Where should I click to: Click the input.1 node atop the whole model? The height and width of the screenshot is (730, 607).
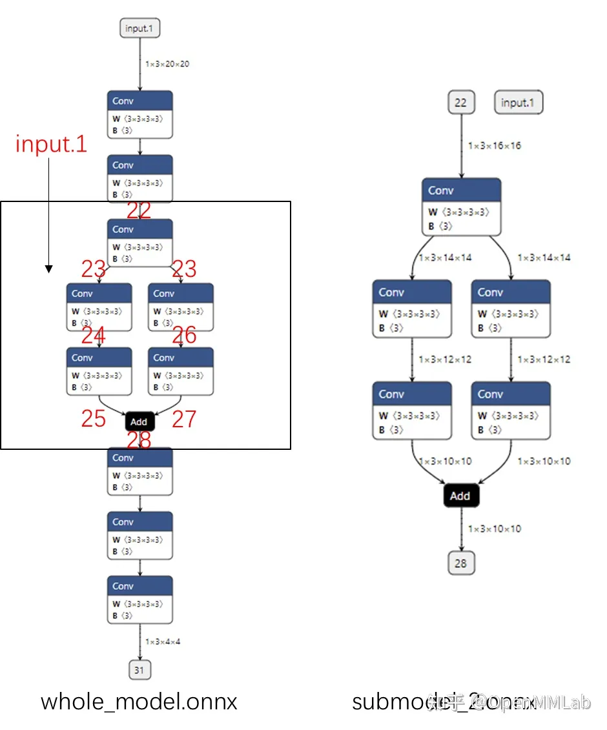click(x=139, y=28)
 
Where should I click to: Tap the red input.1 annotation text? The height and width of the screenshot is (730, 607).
click(x=51, y=144)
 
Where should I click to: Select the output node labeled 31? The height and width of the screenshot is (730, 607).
click(x=139, y=670)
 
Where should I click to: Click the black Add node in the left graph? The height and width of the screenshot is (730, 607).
click(x=139, y=421)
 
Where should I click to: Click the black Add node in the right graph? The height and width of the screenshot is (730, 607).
click(x=460, y=496)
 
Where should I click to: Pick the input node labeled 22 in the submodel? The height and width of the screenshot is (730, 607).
click(x=460, y=103)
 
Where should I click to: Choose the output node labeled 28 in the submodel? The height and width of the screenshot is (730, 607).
click(x=460, y=563)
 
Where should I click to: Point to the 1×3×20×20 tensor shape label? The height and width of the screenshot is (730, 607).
click(x=167, y=64)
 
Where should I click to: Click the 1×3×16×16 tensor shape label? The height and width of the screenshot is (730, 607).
click(x=494, y=146)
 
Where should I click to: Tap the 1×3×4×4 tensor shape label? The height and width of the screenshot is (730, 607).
click(x=163, y=642)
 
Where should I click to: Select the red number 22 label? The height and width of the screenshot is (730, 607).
click(x=139, y=210)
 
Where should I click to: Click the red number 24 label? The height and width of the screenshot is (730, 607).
click(x=94, y=336)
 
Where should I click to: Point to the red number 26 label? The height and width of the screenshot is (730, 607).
click(x=184, y=336)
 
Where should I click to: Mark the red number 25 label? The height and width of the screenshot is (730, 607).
click(x=94, y=419)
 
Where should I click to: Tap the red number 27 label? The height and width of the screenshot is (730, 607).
click(x=184, y=419)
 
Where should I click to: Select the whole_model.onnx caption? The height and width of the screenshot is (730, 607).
click(x=139, y=702)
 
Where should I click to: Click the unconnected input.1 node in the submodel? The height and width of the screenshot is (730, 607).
click(x=519, y=103)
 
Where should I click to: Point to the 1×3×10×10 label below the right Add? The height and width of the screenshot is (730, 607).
click(x=494, y=529)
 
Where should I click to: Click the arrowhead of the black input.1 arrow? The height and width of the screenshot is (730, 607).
click(x=49, y=269)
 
